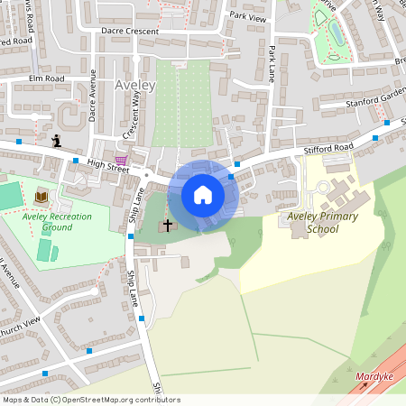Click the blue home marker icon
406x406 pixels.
coord(203,195)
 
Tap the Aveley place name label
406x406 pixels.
coord(135,86)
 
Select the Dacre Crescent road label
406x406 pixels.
coord(130,31)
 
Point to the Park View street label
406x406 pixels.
coord(248,16)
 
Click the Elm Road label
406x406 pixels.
coord(48,78)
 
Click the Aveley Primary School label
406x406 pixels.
coord(322,223)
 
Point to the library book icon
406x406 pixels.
coord(42,196)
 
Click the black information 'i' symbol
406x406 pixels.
coord(57,140)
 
